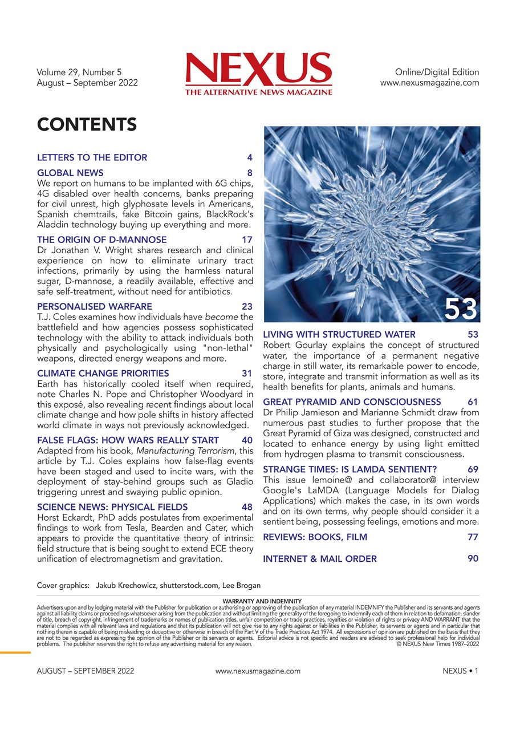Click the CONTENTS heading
tap(86, 124)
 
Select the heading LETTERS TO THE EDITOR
tap(92, 157)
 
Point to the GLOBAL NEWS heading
tap(70, 173)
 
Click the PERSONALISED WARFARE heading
tap(94, 306)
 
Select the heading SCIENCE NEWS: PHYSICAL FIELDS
tap(112, 507)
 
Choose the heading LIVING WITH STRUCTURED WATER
tap(339, 334)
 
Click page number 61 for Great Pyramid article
tap(473, 402)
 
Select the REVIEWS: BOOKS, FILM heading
tap(315, 537)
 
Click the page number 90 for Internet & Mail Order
tap(473, 559)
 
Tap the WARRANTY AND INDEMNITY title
tap(258, 601)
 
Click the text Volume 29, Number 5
tap(79, 72)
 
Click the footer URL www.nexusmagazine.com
tap(258, 671)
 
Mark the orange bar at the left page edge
tap(15, 652)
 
